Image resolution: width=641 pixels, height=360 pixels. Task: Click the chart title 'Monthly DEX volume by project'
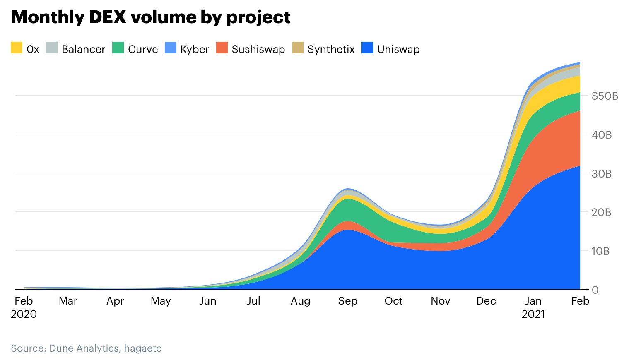click(x=151, y=17)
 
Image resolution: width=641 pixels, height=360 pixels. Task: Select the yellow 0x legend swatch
click(x=17, y=48)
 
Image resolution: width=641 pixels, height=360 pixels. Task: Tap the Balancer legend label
click(x=83, y=49)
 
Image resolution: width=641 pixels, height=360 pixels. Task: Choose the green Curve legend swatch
click(x=118, y=48)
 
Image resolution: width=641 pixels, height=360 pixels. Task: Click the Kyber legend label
click(x=194, y=49)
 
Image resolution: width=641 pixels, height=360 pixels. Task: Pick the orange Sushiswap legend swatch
click(x=222, y=48)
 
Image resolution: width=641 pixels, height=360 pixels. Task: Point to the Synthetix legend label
click(x=331, y=49)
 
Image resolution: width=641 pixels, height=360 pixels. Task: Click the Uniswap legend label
click(x=398, y=49)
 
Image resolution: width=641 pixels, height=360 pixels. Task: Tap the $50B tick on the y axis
click(x=605, y=96)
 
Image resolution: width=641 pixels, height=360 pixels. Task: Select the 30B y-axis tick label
click(x=602, y=174)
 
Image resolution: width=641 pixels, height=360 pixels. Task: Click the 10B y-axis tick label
click(x=600, y=251)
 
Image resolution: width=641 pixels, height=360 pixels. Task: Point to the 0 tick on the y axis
click(x=595, y=290)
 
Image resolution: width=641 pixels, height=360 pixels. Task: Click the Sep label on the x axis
click(x=347, y=301)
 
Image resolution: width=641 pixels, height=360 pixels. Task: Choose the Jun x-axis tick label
click(x=207, y=301)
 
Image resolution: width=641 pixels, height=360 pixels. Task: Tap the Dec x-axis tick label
click(x=486, y=301)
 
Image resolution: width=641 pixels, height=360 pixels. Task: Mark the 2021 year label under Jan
click(x=533, y=314)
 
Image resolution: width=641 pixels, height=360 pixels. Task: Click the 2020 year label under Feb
click(x=24, y=314)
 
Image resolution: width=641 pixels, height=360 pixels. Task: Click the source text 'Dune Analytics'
click(x=84, y=348)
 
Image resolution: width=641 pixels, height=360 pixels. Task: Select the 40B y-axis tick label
click(x=602, y=135)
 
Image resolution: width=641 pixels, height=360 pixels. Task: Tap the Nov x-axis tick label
click(x=440, y=301)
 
